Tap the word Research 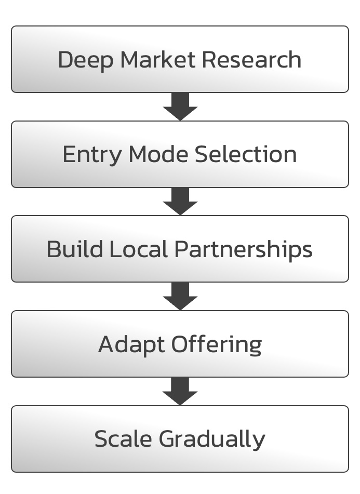[x=251, y=60]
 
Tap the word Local [x=139, y=249]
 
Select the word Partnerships [x=243, y=250]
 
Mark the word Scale [x=123, y=439]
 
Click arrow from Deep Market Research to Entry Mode [x=180, y=107]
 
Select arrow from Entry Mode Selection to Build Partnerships [x=180, y=202]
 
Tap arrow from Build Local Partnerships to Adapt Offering [x=180, y=297]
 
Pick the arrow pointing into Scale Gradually [x=180, y=392]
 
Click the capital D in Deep [x=65, y=60]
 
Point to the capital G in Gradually [x=167, y=439]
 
